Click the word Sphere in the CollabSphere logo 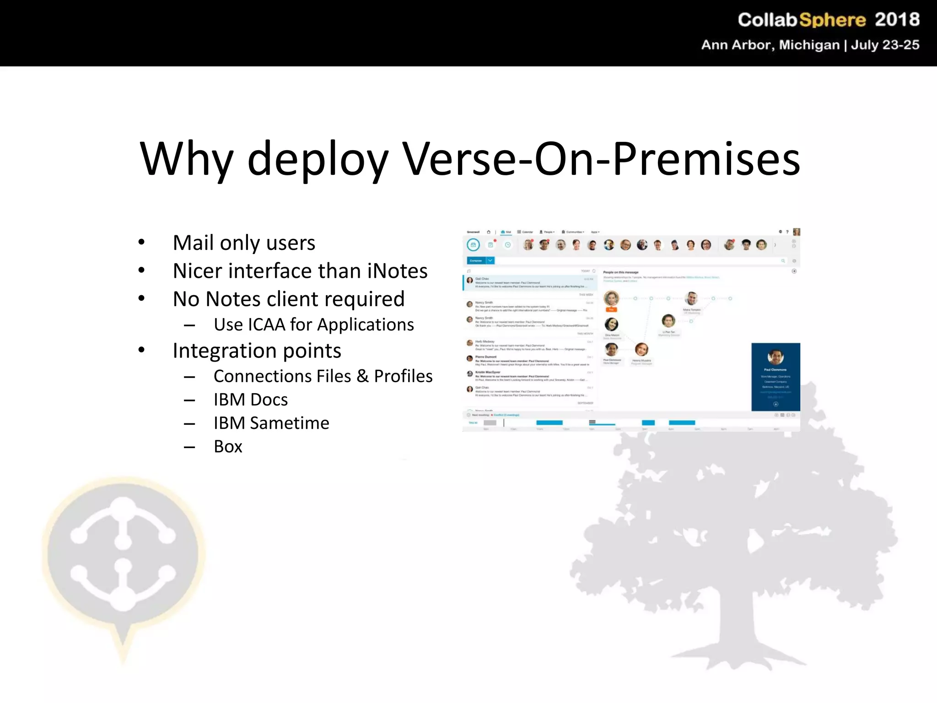(832, 20)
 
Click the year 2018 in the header (897, 20)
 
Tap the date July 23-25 (885, 45)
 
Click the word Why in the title (187, 159)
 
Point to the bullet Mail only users (244, 243)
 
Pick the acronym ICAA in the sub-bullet (266, 324)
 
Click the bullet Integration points (257, 351)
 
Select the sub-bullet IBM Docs (251, 400)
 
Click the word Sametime (289, 423)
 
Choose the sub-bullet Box (228, 447)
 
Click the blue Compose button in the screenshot (476, 260)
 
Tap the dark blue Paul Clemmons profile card (775, 377)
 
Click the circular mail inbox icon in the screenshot (473, 245)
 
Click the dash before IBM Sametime (189, 424)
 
